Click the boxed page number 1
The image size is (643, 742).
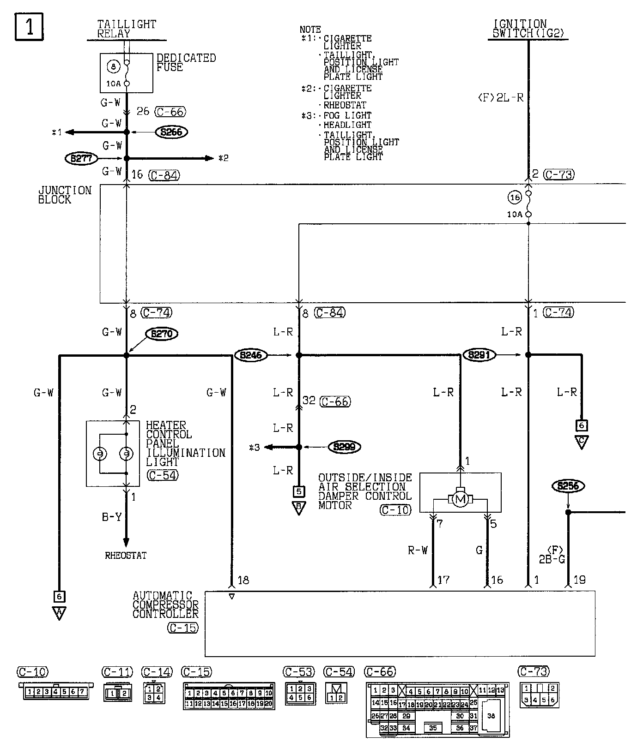30,26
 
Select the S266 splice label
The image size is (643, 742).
172,132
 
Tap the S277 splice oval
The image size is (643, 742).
81,159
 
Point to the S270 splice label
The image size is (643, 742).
161,333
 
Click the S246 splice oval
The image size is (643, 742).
251,355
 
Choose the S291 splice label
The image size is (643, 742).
479,355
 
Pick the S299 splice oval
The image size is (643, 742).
344,447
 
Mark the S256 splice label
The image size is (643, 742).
568,486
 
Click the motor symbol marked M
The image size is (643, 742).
459,499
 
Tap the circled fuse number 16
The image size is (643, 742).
515,197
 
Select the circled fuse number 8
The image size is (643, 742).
113,67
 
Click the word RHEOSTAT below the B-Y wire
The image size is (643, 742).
126,556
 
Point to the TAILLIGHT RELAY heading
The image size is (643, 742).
127,29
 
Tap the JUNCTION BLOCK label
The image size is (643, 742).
65,195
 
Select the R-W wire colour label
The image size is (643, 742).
418,550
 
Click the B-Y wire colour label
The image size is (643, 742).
112,517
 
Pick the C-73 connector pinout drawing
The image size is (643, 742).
540,695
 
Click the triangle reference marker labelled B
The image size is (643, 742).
299,509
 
